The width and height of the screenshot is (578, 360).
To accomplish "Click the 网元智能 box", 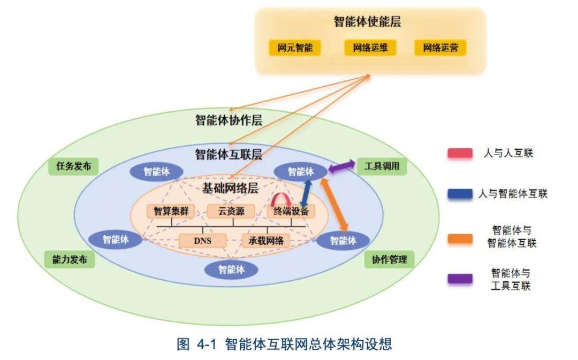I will click(x=294, y=48).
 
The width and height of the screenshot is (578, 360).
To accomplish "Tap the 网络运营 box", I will click(x=440, y=48).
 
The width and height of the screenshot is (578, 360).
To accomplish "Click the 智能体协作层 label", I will click(x=229, y=119).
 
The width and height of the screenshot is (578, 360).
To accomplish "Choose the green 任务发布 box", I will click(x=74, y=166).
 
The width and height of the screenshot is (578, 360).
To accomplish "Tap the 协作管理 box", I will click(x=390, y=259).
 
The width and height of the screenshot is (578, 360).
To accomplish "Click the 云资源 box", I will click(x=231, y=211).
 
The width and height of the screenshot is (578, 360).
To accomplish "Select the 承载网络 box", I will click(x=266, y=241).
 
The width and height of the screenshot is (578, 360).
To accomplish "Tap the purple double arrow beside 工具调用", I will click(x=341, y=167).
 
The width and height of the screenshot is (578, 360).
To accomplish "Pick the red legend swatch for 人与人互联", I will click(x=460, y=154).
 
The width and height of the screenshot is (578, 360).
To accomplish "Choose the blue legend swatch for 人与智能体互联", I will click(x=460, y=194).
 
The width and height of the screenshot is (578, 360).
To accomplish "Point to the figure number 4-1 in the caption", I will click(x=206, y=344).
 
